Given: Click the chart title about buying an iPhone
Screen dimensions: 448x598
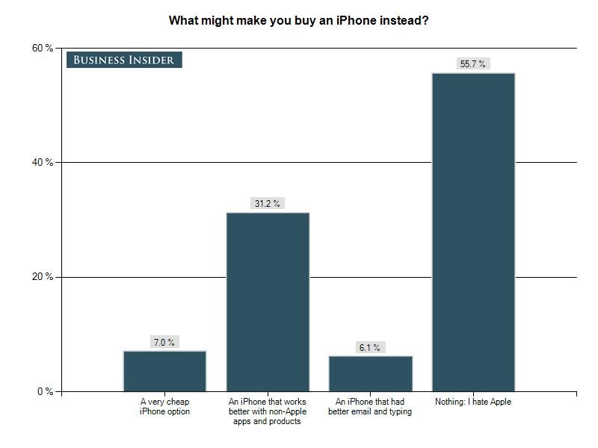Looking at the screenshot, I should [298, 19].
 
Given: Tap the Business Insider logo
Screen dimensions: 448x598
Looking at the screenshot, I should [124, 60].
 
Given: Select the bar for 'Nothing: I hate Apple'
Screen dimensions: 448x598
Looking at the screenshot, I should [473, 231].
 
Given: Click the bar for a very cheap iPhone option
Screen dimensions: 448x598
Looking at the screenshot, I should [164, 371].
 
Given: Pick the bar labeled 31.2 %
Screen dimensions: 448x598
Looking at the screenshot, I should [268, 302].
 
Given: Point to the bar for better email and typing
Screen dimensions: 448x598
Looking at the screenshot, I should [370, 373].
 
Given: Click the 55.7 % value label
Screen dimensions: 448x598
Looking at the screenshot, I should [473, 64].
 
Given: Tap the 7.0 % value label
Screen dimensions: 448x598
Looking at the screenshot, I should [164, 343].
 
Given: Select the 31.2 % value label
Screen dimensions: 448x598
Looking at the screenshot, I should [268, 204].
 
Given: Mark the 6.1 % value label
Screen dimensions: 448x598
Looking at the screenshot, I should [370, 348].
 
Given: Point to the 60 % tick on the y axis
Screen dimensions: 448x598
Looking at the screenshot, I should [42, 48].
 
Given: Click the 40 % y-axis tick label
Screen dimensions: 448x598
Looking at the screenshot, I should [42, 162].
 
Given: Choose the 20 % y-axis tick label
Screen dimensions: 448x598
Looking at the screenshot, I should [42, 277].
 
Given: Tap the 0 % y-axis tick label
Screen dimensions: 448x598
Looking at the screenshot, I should [44, 391].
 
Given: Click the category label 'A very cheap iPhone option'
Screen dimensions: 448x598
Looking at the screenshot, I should [164, 407].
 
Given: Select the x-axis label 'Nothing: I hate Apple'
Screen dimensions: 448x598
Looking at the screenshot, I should [473, 402].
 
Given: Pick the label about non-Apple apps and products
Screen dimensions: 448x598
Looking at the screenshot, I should [268, 411].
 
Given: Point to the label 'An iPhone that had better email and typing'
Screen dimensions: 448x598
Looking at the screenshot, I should [370, 407].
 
